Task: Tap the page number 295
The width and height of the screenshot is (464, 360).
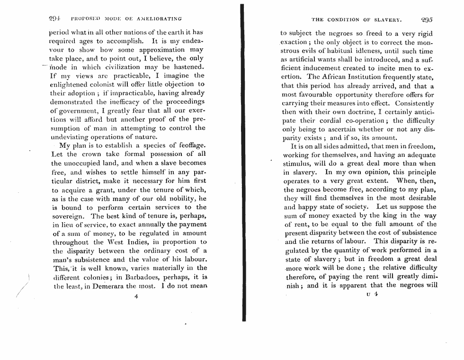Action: point(427,19)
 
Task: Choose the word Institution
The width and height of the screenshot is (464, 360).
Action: point(375,78)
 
